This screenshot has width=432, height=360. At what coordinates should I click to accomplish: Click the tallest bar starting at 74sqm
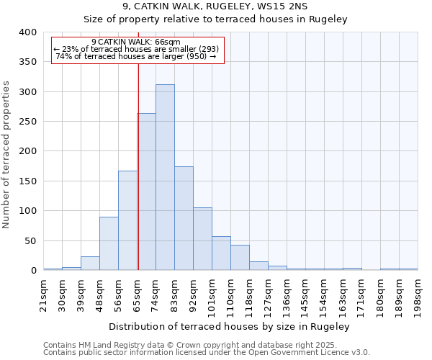point(165,177)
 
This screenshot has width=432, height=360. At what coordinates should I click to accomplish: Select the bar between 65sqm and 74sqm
point(146,192)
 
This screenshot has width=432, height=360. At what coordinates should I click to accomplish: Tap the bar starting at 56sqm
point(127,220)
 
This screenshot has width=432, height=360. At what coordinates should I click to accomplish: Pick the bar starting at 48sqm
point(109,243)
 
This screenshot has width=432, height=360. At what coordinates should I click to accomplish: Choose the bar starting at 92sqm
point(202,239)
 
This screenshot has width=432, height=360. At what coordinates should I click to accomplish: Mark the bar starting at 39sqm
point(90,264)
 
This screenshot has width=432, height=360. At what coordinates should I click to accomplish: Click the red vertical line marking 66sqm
point(138,166)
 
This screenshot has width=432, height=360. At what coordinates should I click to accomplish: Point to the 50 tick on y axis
point(31,240)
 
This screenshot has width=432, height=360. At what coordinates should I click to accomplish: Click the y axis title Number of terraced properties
point(7,154)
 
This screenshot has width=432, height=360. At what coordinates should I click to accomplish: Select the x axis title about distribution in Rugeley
point(230,326)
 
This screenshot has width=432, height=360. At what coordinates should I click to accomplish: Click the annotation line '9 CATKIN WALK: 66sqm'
point(136,42)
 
